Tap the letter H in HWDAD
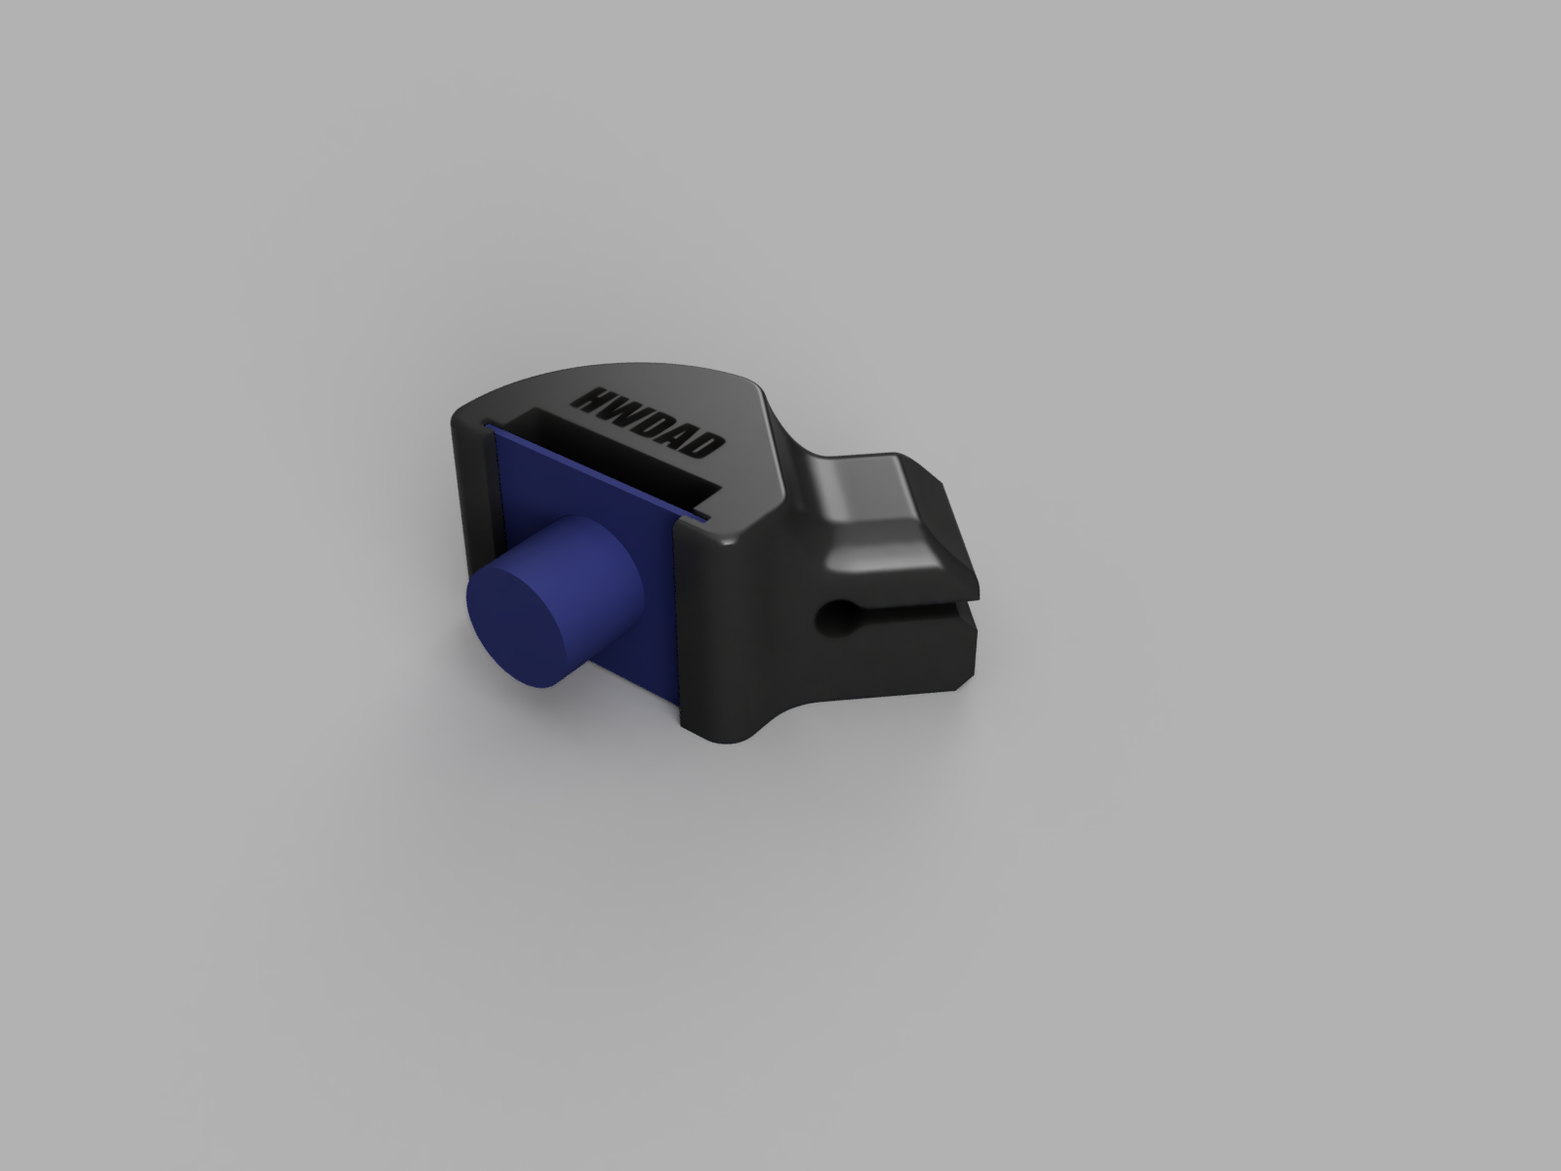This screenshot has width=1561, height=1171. (x=591, y=397)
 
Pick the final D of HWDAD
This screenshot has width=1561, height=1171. (x=705, y=448)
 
